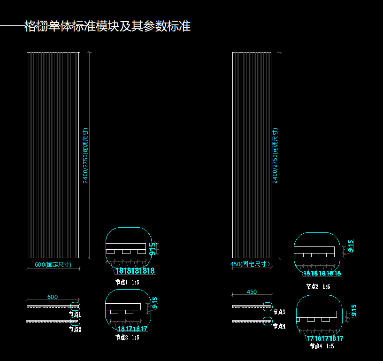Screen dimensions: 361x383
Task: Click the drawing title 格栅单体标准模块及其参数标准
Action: tap(107, 26)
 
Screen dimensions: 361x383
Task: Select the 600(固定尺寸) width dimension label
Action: tap(53, 265)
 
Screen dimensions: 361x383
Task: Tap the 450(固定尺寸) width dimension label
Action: tap(250, 264)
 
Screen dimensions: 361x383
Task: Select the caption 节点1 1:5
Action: tap(127, 283)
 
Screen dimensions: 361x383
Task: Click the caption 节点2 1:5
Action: tap(127, 337)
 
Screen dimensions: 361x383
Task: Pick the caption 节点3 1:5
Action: tap(318, 286)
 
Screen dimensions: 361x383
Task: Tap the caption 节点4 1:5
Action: tap(322, 346)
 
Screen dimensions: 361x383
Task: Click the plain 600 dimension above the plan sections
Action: tap(53, 297)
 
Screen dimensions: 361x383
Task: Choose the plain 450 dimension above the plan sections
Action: tap(252, 292)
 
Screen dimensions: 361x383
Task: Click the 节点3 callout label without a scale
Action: tap(278, 312)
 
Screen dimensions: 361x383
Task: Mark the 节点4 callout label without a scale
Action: tap(278, 326)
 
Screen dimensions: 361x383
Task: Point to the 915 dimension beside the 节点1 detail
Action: tap(153, 249)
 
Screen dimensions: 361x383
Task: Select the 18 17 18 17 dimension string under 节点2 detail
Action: tap(132, 329)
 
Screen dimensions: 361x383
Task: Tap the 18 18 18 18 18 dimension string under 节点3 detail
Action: tap(322, 273)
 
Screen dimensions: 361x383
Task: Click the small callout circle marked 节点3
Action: tap(268, 307)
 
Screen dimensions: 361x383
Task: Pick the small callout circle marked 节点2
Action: tap(76, 322)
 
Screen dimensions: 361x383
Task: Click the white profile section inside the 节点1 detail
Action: tap(126, 247)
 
